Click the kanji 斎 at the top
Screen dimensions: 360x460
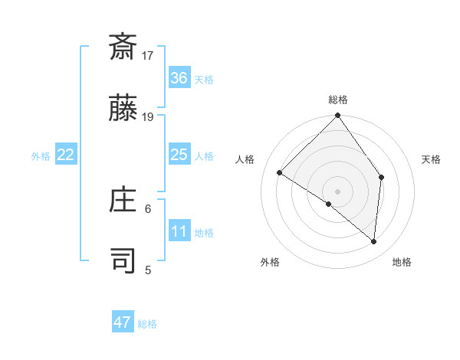click(123, 47)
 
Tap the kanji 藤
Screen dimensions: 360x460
click(123, 110)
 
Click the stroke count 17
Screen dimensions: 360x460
click(148, 55)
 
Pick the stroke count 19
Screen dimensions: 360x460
click(148, 117)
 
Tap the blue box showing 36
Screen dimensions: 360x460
click(179, 78)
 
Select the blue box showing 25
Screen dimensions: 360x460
click(179, 155)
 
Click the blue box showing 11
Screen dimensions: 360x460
click(179, 232)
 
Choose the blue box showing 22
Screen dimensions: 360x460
click(65, 155)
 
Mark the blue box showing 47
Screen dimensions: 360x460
click(123, 322)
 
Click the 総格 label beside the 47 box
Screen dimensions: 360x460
click(147, 324)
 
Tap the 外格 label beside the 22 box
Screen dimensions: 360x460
click(41, 156)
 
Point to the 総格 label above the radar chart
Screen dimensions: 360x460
click(338, 100)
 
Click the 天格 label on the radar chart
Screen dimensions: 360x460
click(431, 159)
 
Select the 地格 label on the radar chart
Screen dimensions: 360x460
click(402, 263)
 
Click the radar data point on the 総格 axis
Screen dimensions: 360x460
click(337, 116)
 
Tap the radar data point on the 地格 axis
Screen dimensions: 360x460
click(373, 241)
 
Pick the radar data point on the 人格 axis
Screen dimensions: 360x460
click(280, 173)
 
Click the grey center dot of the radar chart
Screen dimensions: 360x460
click(337, 191)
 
